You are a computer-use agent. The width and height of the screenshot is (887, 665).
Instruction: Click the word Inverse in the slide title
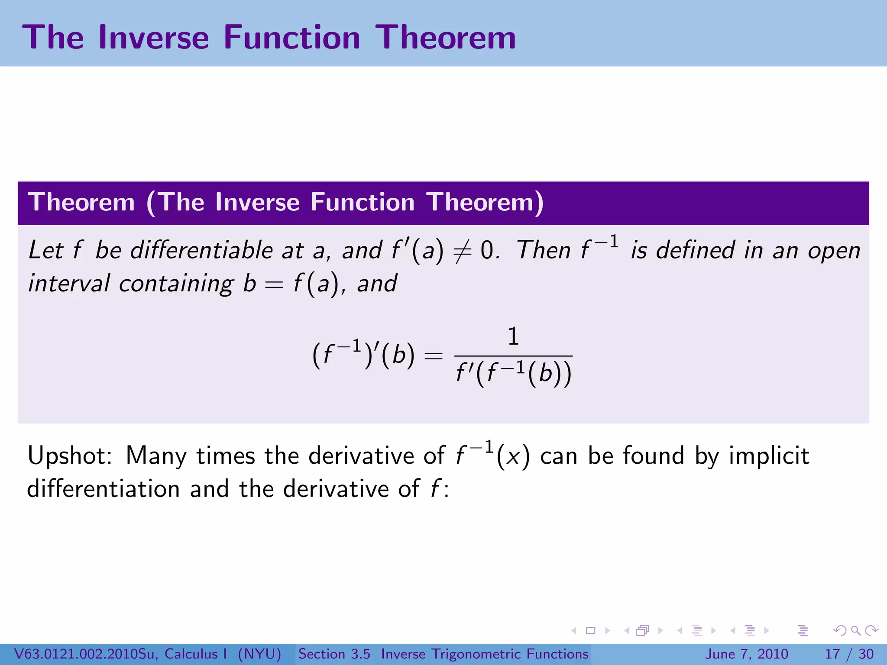point(154,38)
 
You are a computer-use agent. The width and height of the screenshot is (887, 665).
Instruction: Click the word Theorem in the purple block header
point(81,202)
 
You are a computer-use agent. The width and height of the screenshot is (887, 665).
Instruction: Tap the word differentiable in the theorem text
point(201,250)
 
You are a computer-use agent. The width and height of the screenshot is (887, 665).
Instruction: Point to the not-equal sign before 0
point(462,251)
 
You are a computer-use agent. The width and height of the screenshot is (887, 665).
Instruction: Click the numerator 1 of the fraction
point(513,336)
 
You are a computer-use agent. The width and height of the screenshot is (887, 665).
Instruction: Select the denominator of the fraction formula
point(514,373)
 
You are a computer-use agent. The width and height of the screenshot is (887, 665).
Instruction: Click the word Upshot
point(69,456)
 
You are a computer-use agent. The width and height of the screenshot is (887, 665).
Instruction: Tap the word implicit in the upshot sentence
point(769,456)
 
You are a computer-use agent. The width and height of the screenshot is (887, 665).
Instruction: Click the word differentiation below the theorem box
point(103,489)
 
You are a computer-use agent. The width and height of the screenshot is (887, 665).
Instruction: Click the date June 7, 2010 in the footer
point(747,654)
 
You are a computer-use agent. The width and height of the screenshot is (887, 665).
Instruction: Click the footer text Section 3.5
point(334,654)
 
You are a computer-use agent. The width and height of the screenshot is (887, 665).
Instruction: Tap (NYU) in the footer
point(259,654)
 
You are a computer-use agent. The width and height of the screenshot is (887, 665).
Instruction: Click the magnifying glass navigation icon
point(855,630)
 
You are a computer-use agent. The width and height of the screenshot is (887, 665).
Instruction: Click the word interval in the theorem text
point(69,284)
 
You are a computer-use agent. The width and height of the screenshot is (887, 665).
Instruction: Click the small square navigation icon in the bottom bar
point(590,630)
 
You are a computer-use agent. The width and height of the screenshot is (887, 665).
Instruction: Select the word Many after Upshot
point(156,456)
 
